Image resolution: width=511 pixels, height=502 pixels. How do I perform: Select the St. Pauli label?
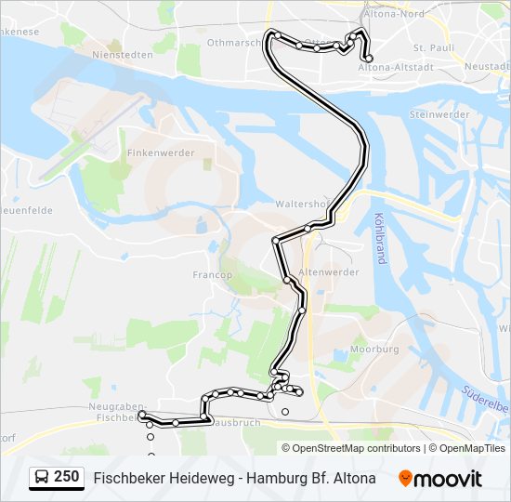tap(431, 46)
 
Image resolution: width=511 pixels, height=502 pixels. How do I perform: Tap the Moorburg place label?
tap(374, 350)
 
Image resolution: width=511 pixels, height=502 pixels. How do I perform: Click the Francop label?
tap(211, 275)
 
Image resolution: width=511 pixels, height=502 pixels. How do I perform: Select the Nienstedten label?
tap(123, 55)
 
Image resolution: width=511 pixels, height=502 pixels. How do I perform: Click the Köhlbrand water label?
tap(380, 238)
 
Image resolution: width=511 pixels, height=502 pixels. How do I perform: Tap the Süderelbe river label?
tap(489, 406)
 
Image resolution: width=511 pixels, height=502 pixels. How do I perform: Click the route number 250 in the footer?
tap(66, 477)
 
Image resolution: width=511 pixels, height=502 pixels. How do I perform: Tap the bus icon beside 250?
tap(42, 478)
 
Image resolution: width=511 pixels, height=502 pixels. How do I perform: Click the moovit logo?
tap(440, 479)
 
